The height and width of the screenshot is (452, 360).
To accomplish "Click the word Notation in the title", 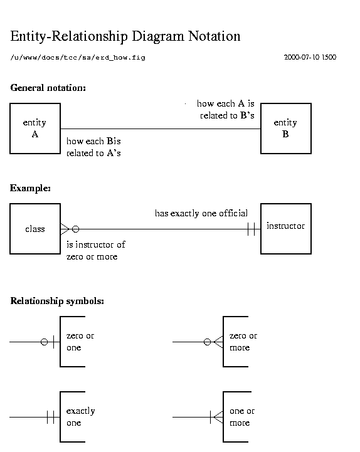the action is click(214, 36).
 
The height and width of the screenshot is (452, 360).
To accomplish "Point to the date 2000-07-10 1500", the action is click(310, 57).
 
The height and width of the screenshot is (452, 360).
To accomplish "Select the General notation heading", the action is click(48, 88).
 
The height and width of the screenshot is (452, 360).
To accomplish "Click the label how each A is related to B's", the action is click(226, 110).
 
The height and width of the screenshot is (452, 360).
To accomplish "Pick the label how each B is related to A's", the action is click(93, 147).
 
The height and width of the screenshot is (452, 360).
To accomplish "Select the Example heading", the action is click(30, 188).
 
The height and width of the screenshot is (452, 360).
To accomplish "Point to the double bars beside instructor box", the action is click(251, 229).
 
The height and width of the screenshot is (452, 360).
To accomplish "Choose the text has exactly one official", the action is click(201, 213).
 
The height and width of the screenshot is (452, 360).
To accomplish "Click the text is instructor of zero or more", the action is click(96, 251).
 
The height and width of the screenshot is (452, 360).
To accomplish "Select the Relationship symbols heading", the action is click(57, 301).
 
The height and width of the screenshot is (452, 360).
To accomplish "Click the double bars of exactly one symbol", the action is click(50, 417).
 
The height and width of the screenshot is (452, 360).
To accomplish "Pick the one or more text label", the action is click(242, 417).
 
